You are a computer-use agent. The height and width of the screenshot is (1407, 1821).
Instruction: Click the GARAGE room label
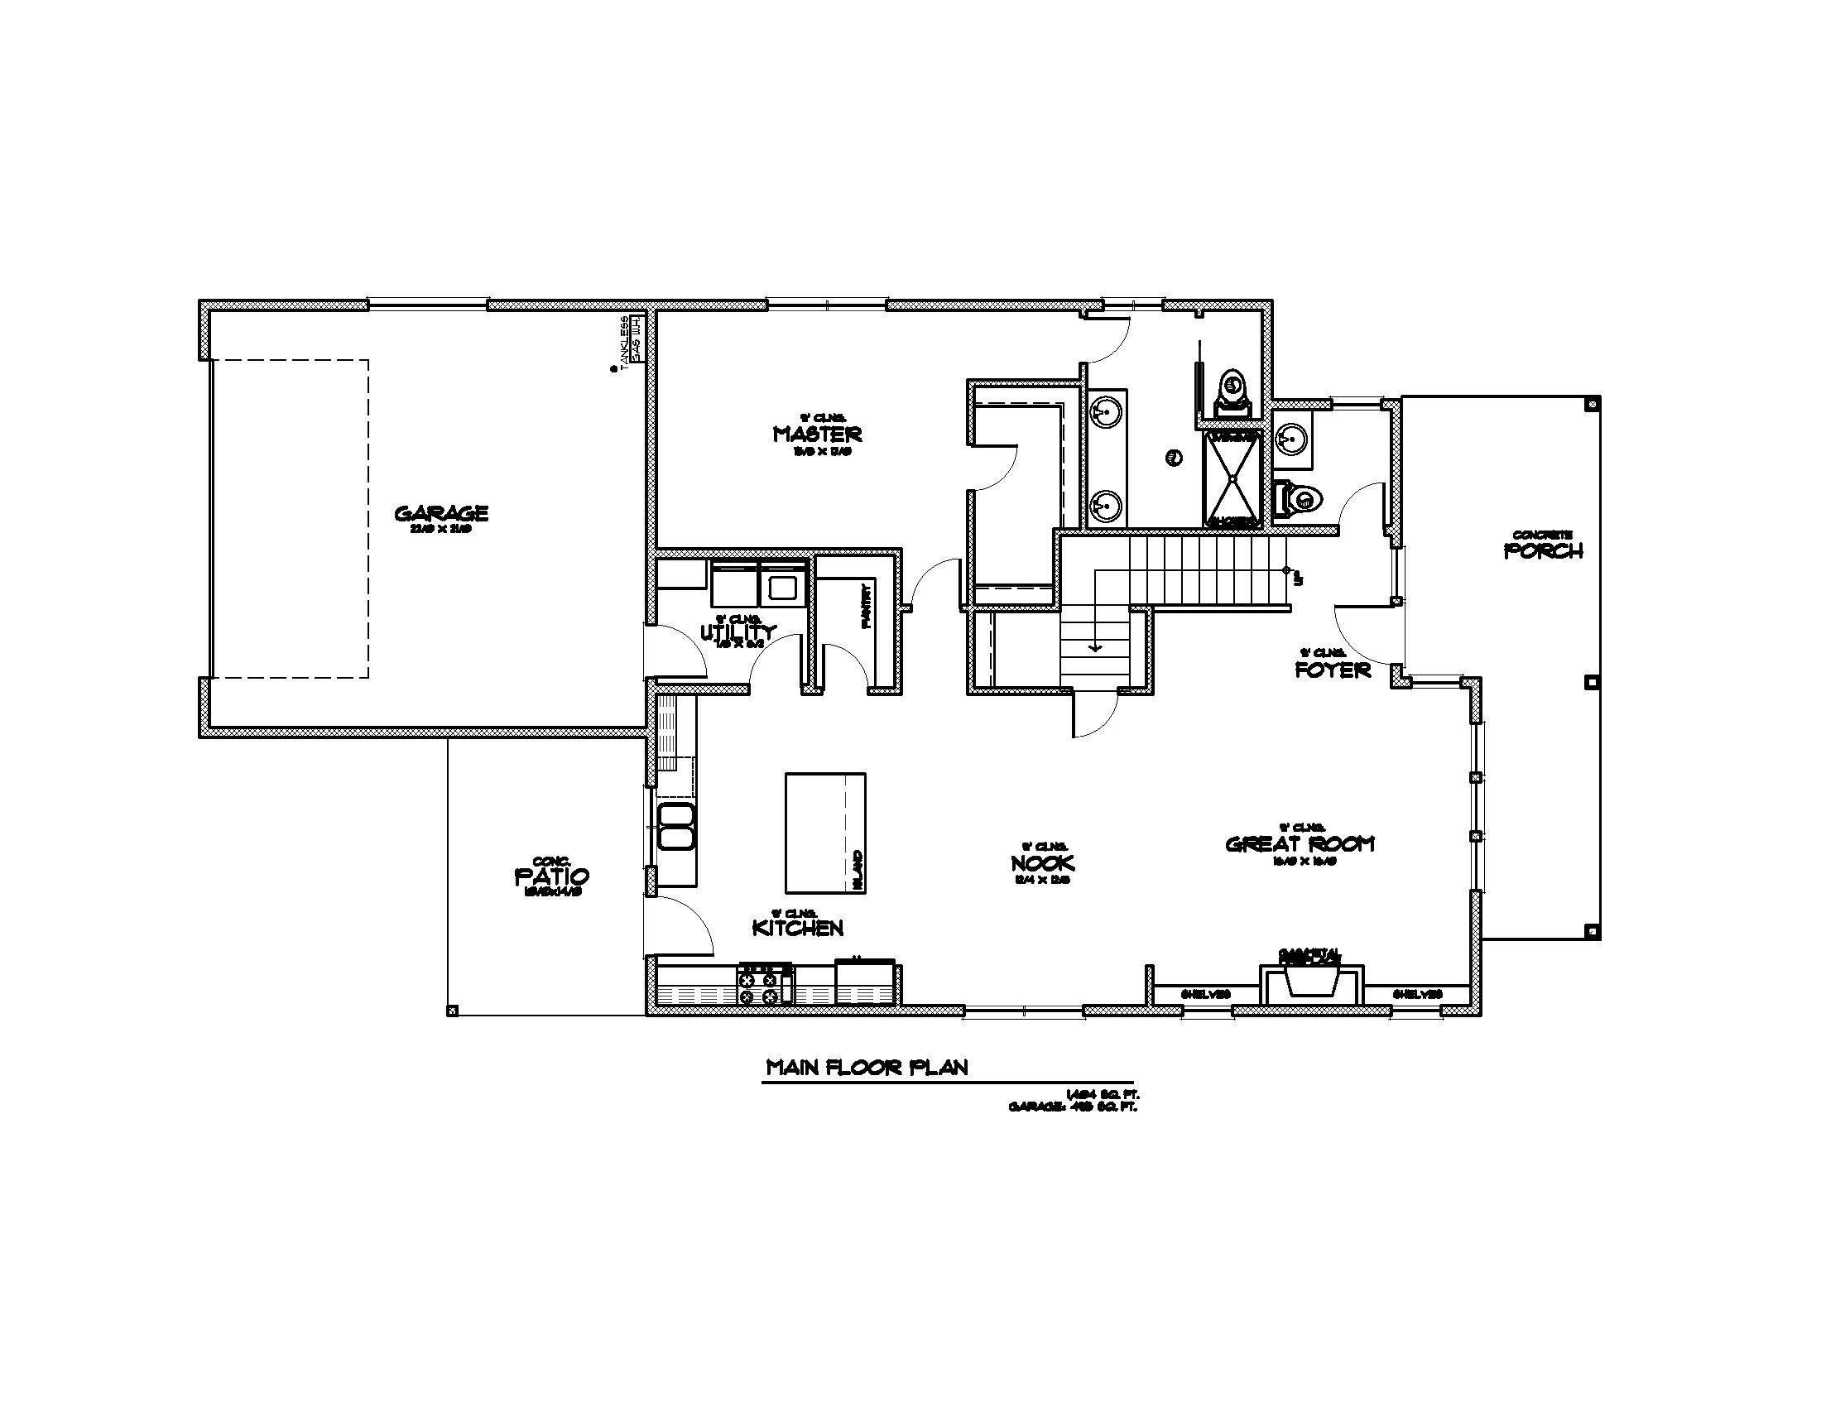441,512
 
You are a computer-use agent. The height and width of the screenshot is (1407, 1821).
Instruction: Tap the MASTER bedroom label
817,434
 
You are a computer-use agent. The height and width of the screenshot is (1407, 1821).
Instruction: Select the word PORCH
1544,550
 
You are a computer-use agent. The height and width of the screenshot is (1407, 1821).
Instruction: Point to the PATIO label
552,876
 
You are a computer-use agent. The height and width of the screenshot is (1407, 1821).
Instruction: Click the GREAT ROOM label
1300,843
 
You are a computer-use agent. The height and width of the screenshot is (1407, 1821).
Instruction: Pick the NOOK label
1042,862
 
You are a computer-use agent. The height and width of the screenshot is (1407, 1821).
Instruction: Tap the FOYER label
1333,670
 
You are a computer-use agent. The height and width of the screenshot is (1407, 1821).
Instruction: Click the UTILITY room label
738,632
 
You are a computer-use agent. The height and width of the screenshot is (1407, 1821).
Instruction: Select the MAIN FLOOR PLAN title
867,1068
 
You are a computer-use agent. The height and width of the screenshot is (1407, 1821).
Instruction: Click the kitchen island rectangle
824,833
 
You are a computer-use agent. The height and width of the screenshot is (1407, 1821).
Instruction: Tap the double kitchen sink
676,826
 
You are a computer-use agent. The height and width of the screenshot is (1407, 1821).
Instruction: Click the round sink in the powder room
1291,436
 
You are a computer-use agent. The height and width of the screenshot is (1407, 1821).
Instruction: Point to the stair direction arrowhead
1095,647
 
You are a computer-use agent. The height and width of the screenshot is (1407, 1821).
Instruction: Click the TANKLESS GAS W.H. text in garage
631,340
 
